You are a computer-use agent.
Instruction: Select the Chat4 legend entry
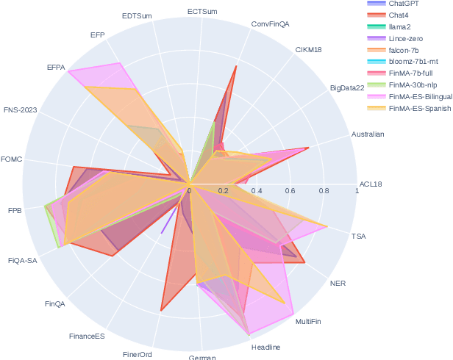[x=401, y=14]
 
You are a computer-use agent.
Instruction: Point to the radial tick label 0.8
[x=324, y=191]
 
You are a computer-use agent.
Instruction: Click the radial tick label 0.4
[x=257, y=191]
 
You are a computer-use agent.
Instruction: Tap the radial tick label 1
[x=357, y=191]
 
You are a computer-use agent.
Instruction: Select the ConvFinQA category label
[x=270, y=24]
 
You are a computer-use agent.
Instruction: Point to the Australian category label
[x=368, y=134]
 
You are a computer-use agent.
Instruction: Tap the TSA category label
[x=358, y=237]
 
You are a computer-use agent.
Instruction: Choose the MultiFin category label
[x=308, y=322]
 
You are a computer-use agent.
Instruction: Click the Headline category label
[x=265, y=347]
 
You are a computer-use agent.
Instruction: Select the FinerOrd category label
[x=137, y=354]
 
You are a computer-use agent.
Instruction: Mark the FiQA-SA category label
[x=22, y=260]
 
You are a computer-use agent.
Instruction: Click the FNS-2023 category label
[x=20, y=110]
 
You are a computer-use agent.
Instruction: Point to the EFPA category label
[x=56, y=68]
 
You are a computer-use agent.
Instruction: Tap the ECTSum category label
[x=201, y=12]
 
